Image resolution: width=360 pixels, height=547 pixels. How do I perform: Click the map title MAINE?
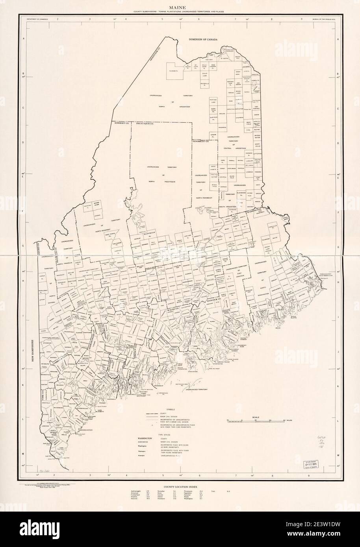click(180, 7)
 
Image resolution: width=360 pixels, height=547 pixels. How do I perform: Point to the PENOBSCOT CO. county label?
click(201, 141)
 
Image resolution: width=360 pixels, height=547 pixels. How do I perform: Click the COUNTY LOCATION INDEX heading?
click(180, 487)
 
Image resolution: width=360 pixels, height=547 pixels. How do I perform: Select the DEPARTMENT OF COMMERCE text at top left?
click(36, 18)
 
